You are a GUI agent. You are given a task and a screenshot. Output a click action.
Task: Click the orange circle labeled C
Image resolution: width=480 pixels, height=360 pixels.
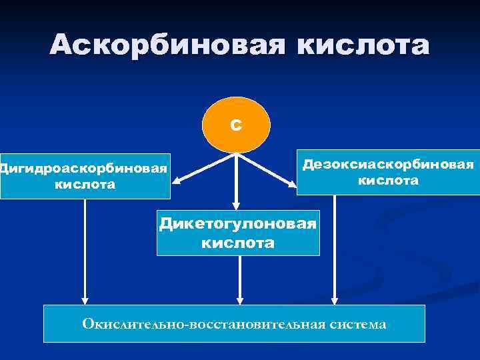pos(236,125)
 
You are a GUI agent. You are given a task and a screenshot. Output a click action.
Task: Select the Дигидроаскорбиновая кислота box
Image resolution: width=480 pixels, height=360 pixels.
pos(85,175)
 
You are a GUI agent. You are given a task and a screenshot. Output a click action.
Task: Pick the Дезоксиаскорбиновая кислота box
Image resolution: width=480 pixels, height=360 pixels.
pos(388,172)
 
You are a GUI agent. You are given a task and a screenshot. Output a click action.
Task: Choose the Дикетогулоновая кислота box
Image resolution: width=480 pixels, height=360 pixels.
pos(238,233)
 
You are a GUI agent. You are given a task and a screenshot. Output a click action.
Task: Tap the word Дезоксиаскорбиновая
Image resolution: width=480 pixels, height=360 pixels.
pos(388,164)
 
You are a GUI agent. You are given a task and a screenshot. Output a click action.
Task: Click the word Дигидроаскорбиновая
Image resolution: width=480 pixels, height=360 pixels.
pos(83,167)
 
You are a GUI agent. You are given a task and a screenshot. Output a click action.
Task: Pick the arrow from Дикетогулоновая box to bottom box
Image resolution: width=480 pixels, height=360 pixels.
pos(240,280)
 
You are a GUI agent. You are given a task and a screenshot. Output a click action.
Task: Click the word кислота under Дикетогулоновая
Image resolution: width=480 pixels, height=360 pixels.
pos(238,243)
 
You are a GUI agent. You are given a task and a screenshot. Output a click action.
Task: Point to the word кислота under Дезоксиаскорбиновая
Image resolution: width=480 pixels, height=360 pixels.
pos(388,181)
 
